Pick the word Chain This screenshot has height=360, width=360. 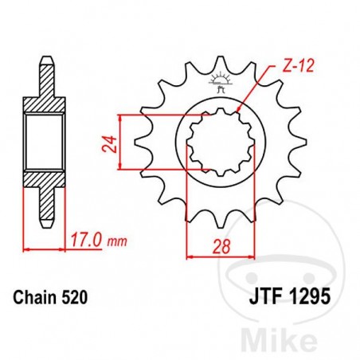point(34,299)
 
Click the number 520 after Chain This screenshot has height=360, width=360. point(72,299)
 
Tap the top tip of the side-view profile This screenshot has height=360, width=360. point(47,57)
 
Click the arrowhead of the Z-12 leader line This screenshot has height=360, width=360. point(241,112)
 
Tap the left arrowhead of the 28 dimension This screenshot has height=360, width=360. point(189,257)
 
